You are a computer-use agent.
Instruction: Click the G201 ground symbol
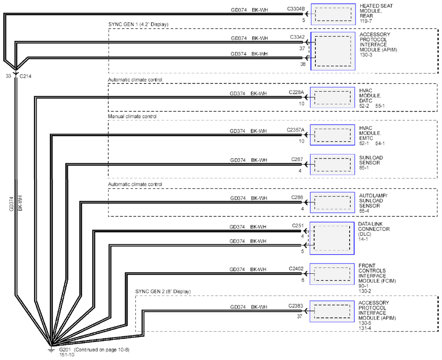click(x=51, y=350)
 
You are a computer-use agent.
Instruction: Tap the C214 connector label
click(x=25, y=76)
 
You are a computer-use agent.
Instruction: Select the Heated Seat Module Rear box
click(x=333, y=14)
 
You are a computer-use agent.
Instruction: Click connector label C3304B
click(x=296, y=9)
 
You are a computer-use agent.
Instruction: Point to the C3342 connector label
click(x=297, y=37)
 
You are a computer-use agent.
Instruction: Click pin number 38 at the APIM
click(x=303, y=64)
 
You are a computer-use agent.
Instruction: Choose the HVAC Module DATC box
click(x=332, y=97)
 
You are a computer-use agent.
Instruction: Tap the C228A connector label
click(x=296, y=92)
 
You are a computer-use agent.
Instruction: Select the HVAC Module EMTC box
click(x=332, y=135)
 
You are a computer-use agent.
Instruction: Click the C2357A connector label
click(x=295, y=130)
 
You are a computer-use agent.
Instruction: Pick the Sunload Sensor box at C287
click(x=332, y=165)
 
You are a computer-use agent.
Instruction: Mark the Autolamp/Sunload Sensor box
click(x=332, y=202)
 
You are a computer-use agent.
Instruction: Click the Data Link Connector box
click(x=332, y=238)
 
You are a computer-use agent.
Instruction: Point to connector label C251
click(x=298, y=226)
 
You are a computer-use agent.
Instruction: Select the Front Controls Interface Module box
click(x=332, y=274)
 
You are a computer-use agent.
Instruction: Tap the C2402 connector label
click(x=296, y=268)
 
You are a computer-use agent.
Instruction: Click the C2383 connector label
click(x=296, y=306)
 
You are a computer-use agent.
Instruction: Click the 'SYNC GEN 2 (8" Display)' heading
click(x=163, y=292)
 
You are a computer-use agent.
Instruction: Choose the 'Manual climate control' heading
click(x=132, y=117)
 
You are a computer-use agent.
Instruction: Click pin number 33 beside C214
click(x=8, y=76)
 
